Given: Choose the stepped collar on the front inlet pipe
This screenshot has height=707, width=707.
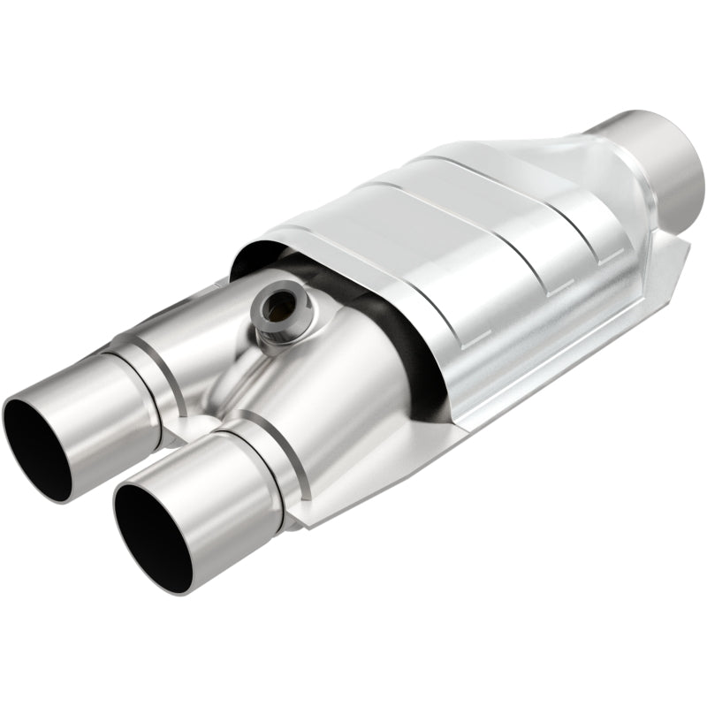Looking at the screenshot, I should [256, 460].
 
